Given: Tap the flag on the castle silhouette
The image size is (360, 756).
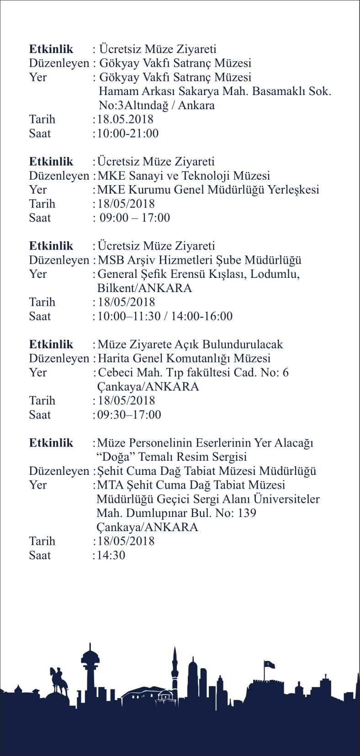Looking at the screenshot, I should click(268, 664).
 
